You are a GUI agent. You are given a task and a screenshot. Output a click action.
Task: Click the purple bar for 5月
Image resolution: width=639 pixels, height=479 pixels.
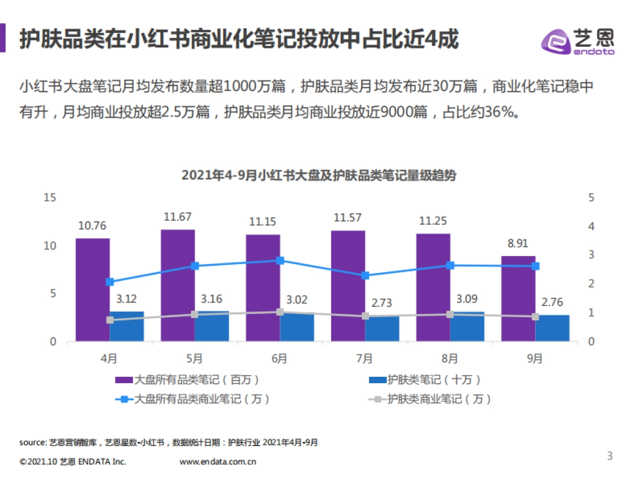[178, 285]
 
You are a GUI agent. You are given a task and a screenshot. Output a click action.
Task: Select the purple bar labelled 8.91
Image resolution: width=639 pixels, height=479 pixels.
[518, 298]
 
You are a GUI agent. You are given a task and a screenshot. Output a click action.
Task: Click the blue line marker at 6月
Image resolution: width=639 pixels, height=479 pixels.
[280, 260]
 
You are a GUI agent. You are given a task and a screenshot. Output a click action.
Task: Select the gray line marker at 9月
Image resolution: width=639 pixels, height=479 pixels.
[536, 317]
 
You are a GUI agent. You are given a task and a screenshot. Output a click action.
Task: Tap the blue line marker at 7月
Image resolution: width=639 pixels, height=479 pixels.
[365, 276]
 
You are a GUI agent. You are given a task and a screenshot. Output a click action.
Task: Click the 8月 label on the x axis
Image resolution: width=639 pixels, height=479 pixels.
[450, 358]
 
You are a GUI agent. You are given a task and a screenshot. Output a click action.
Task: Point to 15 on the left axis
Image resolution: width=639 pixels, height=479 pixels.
[50, 197]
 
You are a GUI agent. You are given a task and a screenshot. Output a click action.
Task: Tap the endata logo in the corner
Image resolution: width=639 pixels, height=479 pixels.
[577, 42]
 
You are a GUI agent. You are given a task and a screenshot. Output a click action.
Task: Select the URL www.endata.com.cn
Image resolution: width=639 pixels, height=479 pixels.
[218, 461]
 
